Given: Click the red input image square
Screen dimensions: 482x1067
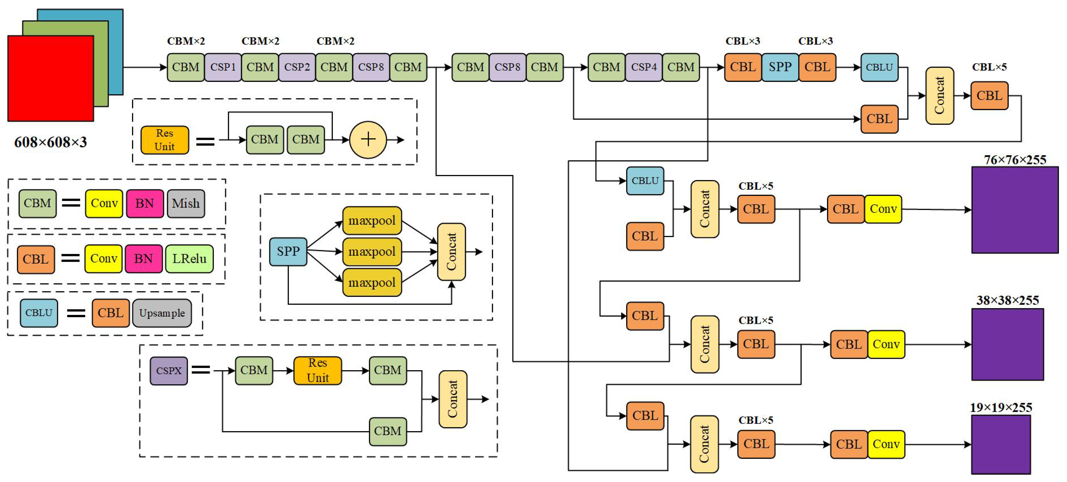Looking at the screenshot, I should [51, 78].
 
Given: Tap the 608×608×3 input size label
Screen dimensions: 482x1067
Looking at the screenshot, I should [51, 142].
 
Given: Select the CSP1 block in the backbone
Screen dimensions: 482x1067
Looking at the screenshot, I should [223, 67].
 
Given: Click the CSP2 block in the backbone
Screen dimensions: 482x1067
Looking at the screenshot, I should [297, 67].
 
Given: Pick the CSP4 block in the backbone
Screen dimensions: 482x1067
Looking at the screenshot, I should [644, 67].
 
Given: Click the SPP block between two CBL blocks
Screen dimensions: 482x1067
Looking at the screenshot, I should [780, 67].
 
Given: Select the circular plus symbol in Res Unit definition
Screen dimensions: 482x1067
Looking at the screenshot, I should [368, 140].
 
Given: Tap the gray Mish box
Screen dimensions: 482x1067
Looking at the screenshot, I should [186, 204].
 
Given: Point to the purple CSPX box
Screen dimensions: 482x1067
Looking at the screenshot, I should [169, 370].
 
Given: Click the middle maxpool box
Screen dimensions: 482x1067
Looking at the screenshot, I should [372, 251].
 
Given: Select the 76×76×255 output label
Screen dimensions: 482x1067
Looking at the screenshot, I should [1015, 160].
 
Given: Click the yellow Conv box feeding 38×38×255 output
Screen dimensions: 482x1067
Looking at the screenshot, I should [886, 344].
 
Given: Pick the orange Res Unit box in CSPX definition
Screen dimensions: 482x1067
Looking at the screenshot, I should [318, 370].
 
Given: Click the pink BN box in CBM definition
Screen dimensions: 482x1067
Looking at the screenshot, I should [145, 204].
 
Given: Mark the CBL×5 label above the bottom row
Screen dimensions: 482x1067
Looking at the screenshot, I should [756, 420].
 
